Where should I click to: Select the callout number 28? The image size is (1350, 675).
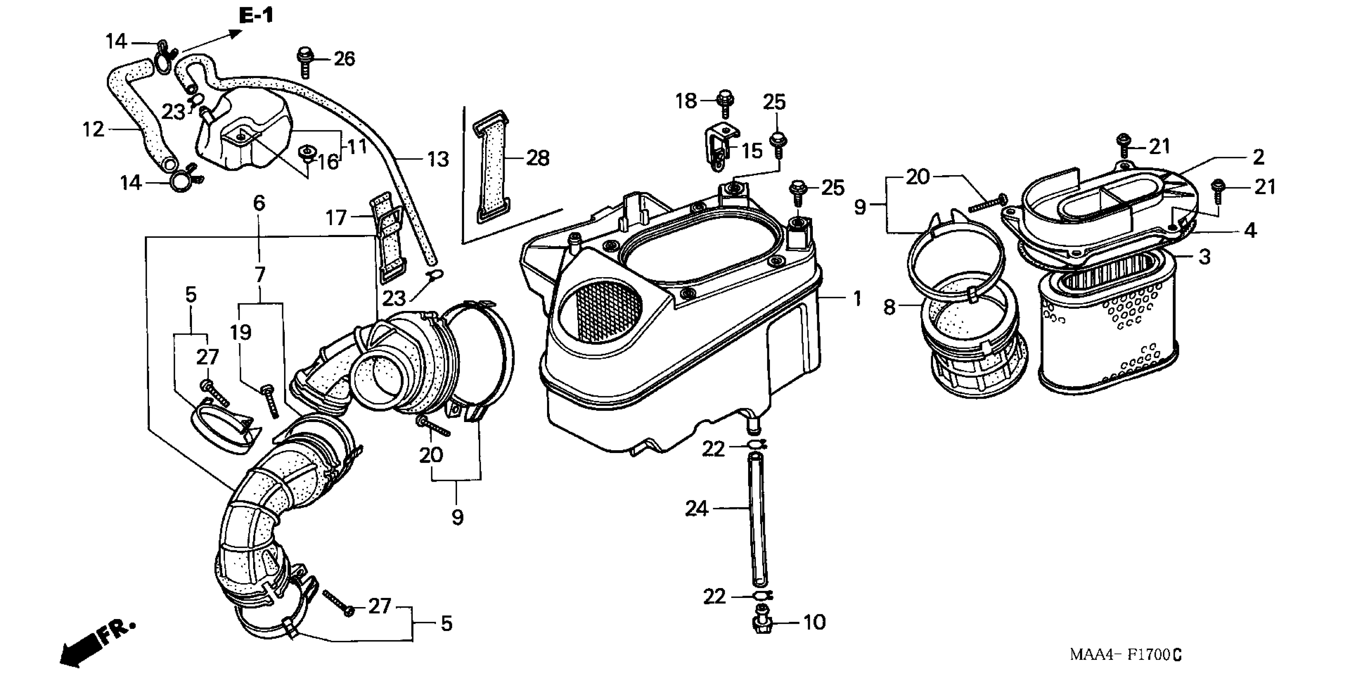tap(537, 158)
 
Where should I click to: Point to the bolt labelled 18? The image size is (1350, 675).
tap(725, 103)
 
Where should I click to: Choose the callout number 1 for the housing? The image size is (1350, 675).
tap(857, 299)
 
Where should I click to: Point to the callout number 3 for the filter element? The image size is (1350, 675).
tap(1205, 257)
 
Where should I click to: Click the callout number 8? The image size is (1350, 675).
tap(889, 307)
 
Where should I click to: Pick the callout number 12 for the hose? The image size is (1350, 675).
tap(93, 129)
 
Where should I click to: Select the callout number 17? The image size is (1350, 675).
tap(336, 217)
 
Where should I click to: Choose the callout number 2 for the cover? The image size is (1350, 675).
tap(1258, 157)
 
